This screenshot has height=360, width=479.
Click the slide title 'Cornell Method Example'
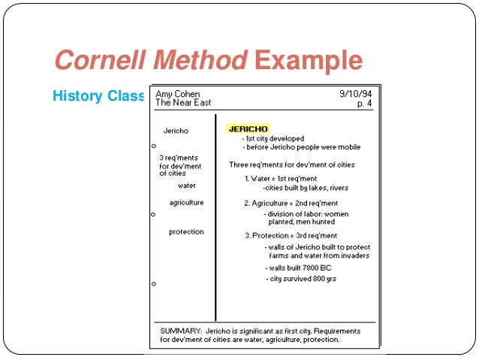pos(208,61)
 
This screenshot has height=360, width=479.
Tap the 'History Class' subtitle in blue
pos(98,96)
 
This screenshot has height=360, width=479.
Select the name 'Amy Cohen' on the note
pos(177,95)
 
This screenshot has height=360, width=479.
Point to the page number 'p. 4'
pos(364,103)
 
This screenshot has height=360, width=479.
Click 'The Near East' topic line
pos(183,103)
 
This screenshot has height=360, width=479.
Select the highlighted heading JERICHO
pos(248,129)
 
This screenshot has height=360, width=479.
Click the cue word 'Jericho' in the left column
pos(176,131)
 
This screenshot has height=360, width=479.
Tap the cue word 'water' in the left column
pos(187,185)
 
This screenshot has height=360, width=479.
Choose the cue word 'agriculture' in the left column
pos(186,203)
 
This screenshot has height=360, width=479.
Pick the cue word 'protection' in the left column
pos(186,232)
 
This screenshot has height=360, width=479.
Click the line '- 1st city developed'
pos(273,139)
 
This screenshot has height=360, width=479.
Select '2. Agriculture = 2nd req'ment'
pos(291,204)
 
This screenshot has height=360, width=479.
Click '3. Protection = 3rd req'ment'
pos(291,235)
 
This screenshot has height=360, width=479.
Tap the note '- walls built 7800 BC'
pos(298,268)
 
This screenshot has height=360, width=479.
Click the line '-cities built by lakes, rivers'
pos(300,188)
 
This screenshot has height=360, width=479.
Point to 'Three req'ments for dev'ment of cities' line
pos(292,165)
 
